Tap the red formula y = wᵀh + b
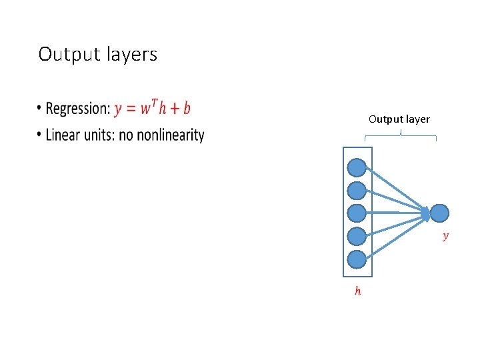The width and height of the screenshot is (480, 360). coord(152,108)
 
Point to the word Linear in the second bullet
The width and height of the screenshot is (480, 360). coord(63,135)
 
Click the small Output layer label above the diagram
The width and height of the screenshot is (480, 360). coord(399,119)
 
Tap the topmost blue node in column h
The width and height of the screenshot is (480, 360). coord(357,167)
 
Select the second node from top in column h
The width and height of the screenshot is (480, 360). coord(357,190)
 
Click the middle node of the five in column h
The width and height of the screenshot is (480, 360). coord(357,213)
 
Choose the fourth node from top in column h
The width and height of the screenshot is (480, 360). coord(357,236)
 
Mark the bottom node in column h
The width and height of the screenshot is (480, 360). coord(357,259)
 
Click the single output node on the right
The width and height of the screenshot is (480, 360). coord(440,213)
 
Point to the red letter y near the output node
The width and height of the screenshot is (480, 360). coord(446,235)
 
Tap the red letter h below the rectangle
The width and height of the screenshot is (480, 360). coord(358,291)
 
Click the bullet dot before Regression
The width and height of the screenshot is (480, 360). coord(40,109)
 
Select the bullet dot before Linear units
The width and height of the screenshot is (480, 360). coord(40,136)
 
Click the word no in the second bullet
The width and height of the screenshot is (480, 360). coord(125,135)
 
